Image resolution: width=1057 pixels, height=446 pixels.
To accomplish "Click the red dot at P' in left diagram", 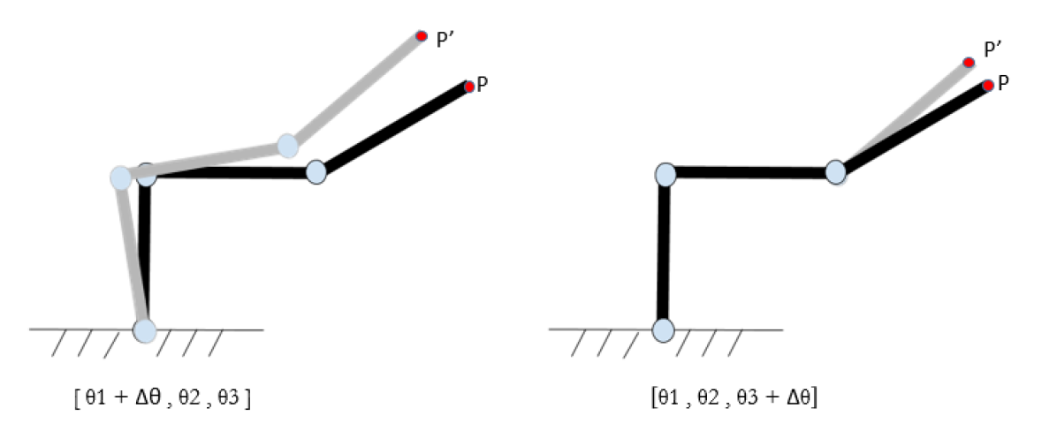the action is pos(422,36).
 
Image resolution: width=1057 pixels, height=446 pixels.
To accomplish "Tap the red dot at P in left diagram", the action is pos(468,86).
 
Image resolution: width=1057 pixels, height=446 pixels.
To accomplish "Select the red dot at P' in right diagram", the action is pos(969,62).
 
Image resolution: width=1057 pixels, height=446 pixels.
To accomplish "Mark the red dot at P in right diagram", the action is pos(987,86).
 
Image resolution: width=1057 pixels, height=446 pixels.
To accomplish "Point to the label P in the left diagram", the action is pos(483,85).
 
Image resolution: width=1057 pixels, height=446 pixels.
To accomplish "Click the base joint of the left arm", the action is pos(144,330).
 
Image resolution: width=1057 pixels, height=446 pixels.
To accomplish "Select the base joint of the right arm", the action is pos(663,330).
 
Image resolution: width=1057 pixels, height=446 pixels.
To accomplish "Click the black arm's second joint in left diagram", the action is pos(316,171).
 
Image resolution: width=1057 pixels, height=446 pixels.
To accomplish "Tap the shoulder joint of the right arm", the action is pos(665,174).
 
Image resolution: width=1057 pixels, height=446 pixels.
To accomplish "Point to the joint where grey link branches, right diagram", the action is pos(836,171).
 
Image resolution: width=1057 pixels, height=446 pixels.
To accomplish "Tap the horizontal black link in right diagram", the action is pos(750,173).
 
